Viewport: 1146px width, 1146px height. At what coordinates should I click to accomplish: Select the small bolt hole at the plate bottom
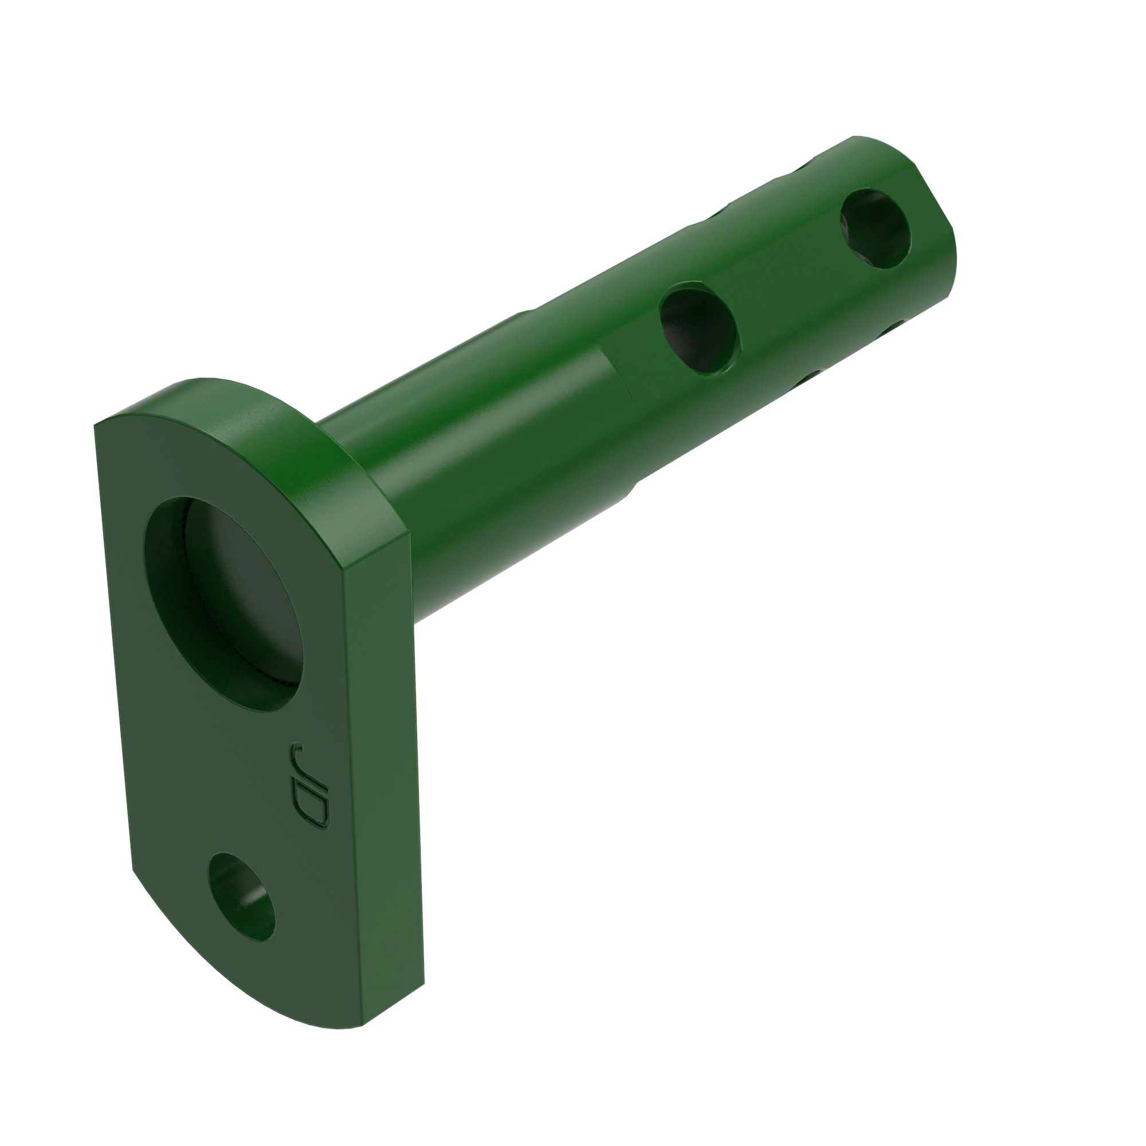point(242,896)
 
